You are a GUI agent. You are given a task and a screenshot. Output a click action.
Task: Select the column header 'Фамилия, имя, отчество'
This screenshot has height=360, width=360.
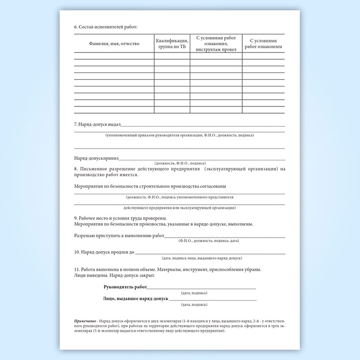(114, 44)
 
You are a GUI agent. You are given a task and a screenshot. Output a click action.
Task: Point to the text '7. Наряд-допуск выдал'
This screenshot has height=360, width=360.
(98, 125)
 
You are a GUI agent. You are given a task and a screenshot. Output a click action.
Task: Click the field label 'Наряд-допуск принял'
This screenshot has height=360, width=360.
(97, 159)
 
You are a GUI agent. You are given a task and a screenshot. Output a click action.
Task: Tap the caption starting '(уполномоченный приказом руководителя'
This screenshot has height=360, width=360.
(179, 135)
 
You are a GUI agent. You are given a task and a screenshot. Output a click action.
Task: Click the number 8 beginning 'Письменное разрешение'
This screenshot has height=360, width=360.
(76, 169)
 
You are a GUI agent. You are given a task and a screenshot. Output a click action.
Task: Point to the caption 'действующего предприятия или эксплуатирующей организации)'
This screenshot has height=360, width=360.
(179, 208)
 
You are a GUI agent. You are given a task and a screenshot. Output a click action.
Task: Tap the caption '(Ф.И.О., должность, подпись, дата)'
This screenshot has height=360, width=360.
(208, 241)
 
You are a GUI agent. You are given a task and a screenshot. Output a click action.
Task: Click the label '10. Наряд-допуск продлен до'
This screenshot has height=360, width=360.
(104, 253)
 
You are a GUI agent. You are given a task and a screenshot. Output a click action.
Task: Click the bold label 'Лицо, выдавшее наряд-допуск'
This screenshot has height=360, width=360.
(134, 299)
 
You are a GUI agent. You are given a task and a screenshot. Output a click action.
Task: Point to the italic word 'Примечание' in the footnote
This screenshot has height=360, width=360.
(85, 321)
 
